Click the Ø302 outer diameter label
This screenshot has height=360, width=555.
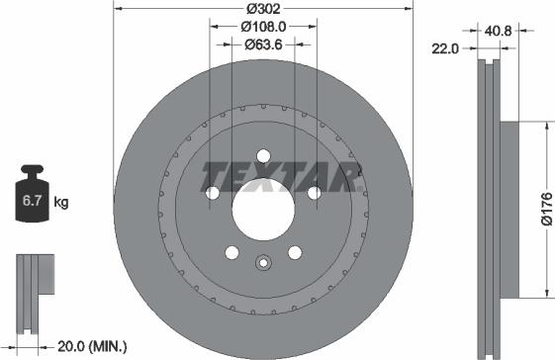coord(262,9)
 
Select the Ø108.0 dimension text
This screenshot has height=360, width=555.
coord(262,28)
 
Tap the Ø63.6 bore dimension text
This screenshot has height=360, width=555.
coord(262,44)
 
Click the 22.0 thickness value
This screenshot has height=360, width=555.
coord(446,46)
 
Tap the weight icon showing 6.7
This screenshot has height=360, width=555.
coord(31,202)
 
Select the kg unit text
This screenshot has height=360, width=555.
coord(61,203)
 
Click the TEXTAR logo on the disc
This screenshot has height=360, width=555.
coord(279,175)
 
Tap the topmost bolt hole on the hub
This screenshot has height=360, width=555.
coord(263,154)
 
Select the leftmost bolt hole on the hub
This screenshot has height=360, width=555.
coord(212,193)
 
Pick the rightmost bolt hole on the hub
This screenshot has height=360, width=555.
coord(314,193)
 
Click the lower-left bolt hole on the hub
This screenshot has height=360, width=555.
coord(231,252)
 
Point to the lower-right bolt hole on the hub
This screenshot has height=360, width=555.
coord(294,252)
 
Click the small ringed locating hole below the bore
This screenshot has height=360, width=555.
coord(262,263)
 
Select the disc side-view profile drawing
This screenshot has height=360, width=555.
coord(496,208)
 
